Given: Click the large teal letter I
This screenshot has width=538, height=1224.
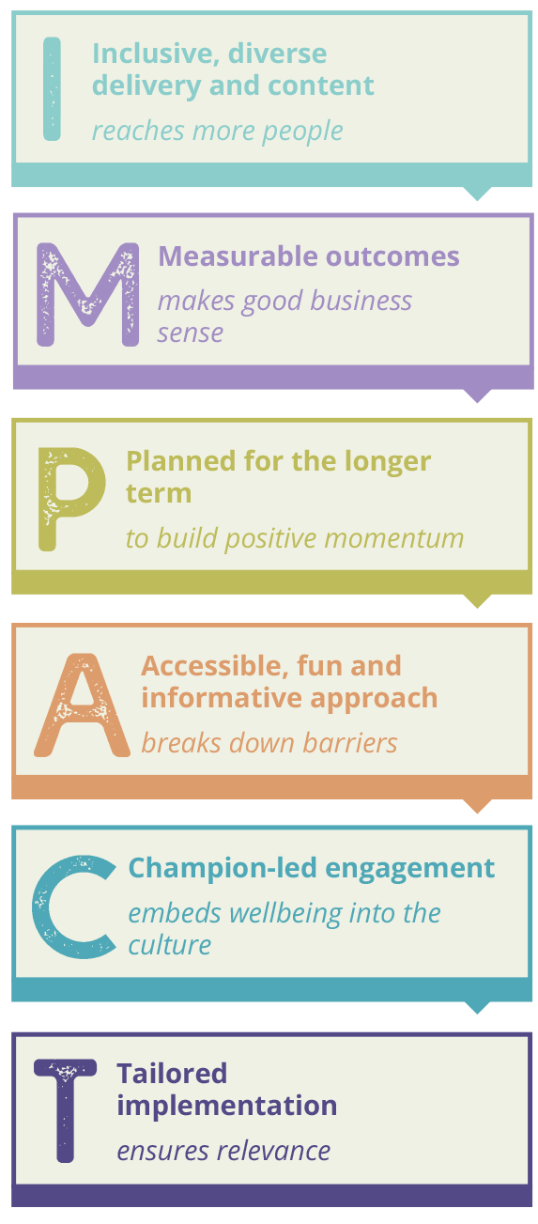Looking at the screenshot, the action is tap(52, 89).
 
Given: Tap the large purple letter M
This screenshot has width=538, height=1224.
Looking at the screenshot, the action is tap(87, 295).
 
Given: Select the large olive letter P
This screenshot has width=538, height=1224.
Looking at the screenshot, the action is tap(71, 499).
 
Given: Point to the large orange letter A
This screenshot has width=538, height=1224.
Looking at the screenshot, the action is tap(82, 705).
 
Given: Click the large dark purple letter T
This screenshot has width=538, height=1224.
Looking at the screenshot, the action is tap(65, 1111).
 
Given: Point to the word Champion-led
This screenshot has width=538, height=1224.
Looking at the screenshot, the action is tap(223, 869).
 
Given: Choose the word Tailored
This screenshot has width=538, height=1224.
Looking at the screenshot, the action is tap(172, 1073).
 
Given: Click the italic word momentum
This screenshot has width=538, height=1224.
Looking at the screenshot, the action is tap(393, 539).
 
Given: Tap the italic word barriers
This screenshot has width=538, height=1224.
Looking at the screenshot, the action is tap(350, 743).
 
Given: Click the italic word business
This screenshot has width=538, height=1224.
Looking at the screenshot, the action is tap(361, 301).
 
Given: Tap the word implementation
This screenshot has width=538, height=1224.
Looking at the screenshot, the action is tap(227, 1107).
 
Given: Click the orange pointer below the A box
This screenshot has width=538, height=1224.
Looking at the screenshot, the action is tap(477, 805).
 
